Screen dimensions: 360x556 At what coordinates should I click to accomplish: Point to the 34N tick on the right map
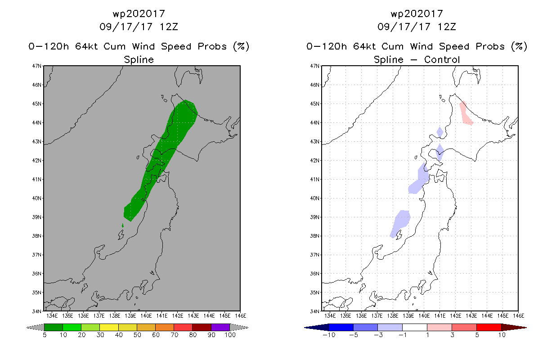point(315,311)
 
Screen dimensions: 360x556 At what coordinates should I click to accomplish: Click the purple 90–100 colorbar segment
point(220,327)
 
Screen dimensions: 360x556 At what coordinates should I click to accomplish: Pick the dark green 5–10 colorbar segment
point(54,327)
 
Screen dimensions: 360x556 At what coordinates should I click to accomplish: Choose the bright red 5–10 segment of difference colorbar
point(489,327)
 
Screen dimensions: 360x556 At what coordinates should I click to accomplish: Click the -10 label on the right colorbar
point(329,335)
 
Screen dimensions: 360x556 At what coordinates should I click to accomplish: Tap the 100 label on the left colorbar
point(230,335)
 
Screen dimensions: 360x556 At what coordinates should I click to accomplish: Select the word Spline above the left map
point(139,59)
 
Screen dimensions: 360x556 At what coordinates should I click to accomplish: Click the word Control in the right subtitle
point(442,59)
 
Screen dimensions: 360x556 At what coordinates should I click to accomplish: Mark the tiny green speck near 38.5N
point(122,225)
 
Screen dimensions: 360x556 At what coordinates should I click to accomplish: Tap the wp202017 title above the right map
point(417,13)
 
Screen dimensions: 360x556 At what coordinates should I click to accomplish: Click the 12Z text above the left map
point(169,27)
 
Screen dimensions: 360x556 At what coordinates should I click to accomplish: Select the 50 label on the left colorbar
point(137,335)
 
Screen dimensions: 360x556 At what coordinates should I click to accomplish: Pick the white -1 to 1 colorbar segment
point(414,327)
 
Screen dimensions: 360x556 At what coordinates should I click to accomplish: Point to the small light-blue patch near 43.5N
point(440,132)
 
